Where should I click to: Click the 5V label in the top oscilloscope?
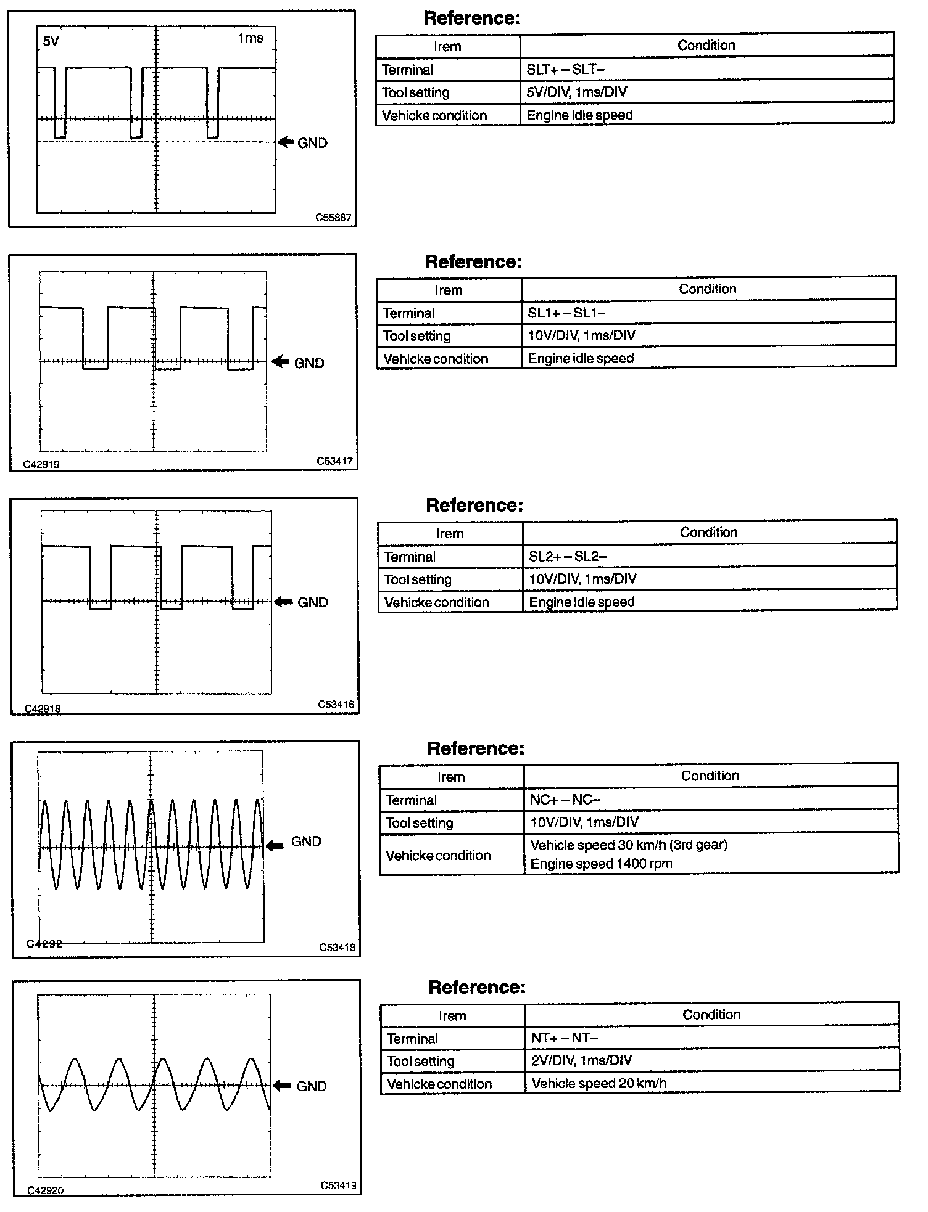pos(51,42)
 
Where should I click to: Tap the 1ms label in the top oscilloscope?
pos(251,38)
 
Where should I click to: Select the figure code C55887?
pos(333,218)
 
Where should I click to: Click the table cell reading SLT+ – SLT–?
pos(565,69)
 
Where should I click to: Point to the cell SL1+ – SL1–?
pos(566,313)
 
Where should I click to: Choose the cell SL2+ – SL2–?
pos(568,556)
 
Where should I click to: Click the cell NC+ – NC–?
pos(565,800)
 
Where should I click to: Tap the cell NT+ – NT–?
pos(565,1038)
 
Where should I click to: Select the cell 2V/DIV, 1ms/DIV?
pos(581,1060)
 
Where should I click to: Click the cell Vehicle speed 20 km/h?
pos(599,1083)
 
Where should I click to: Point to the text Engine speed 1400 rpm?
pos(601,864)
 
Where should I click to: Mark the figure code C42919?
pos(41,464)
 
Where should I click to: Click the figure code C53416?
pos(336,705)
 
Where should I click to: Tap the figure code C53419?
pos(338,1185)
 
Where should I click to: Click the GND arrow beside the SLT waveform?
pos(286,142)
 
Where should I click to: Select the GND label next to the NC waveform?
pos(306,841)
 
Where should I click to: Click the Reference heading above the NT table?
pos(477,987)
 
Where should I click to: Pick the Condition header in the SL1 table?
pos(707,289)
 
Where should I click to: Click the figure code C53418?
pos(337,948)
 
